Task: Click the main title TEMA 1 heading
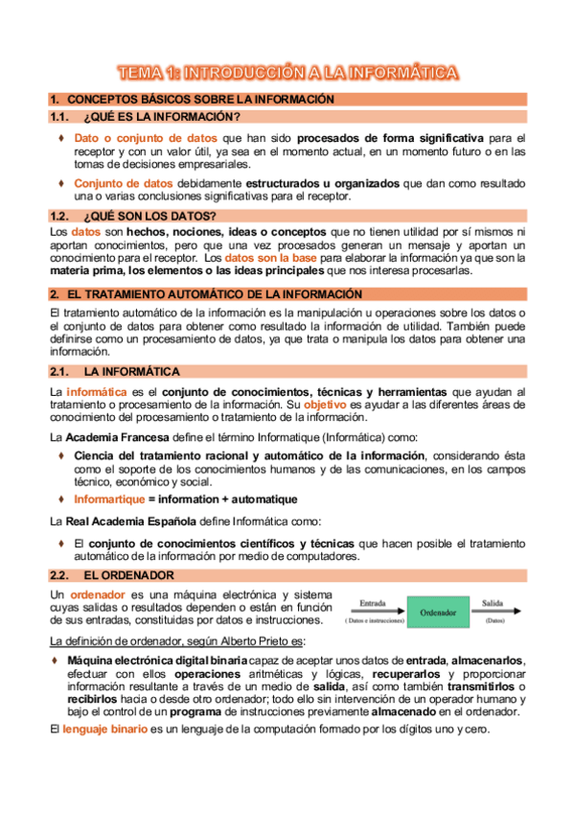pyautogui.click(x=287, y=72)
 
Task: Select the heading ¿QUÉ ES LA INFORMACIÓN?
pyautogui.click(x=161, y=117)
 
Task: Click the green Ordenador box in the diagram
pyautogui.click(x=437, y=611)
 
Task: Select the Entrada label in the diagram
pyautogui.click(x=372, y=604)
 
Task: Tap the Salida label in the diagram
pyautogui.click(x=493, y=604)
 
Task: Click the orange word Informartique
pyautogui.click(x=109, y=499)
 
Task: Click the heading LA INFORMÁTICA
pyautogui.click(x=132, y=371)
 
